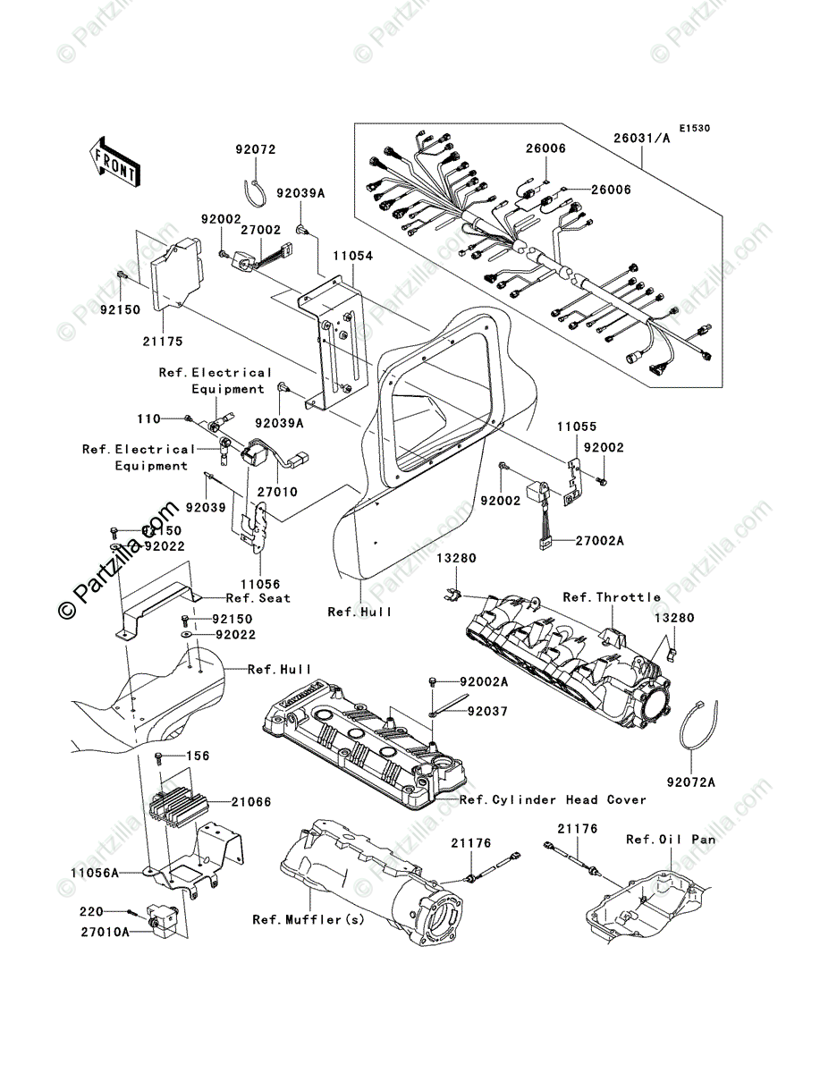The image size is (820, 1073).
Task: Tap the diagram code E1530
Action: pyautogui.click(x=693, y=129)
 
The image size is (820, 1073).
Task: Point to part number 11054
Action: pyautogui.click(x=355, y=256)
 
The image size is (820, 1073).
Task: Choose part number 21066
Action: pyautogui.click(x=252, y=803)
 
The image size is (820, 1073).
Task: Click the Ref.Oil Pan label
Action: pyautogui.click(x=671, y=840)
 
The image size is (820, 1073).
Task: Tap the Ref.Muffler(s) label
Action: pyautogui.click(x=309, y=919)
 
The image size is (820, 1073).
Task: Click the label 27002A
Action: pyautogui.click(x=574, y=542)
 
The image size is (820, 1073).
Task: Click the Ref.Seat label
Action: pyautogui.click(x=258, y=598)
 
